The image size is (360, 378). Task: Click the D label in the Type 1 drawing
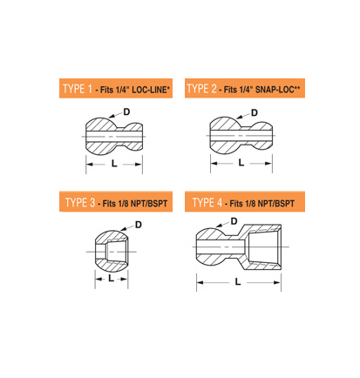tap(126, 111)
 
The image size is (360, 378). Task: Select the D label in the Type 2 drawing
tap(255, 112)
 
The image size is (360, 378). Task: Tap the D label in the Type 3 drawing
tap(139, 225)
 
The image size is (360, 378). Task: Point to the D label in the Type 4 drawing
tap(234, 221)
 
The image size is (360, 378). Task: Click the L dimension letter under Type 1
tap(114, 164)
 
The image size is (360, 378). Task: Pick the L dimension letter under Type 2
tap(241, 163)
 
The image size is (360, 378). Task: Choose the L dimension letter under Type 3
tap(111, 279)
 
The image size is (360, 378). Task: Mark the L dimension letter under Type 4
tap(238, 281)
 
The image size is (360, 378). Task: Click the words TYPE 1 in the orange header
tap(78, 89)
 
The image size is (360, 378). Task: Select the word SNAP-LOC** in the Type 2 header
tap(277, 90)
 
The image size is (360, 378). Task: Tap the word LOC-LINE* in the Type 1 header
tap(151, 90)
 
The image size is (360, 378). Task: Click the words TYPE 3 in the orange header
tap(80, 202)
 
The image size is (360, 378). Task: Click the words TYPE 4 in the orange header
tap(207, 202)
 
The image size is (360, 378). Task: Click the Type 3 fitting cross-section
tap(112, 252)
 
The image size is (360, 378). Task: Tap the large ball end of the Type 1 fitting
tap(101, 136)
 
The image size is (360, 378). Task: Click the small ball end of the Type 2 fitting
tap(262, 136)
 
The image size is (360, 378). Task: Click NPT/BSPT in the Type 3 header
tap(149, 204)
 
